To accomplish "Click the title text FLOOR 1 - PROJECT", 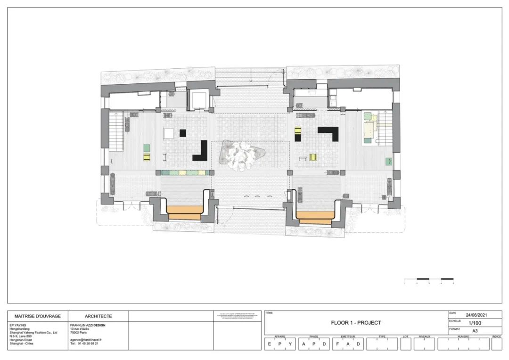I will (356, 323).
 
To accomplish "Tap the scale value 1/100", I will (475, 323).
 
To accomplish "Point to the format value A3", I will (475, 331).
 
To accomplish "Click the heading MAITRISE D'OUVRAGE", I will (38, 316).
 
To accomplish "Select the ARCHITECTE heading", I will (98, 316).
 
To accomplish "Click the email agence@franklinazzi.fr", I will (86, 339).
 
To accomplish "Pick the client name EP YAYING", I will (18, 325).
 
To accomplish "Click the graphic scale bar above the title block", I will (429, 279).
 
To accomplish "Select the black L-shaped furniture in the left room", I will (201, 152).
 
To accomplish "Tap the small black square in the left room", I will (183, 133).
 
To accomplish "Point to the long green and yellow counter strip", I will (184, 173).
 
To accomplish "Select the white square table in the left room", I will (169, 133).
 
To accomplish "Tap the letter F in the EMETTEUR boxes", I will (337, 344).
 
